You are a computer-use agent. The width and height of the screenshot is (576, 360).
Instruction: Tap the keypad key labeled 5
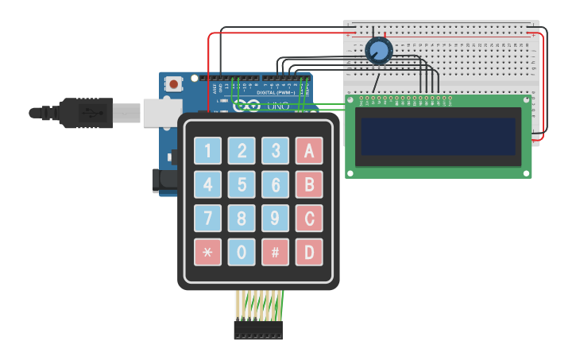click(242, 184)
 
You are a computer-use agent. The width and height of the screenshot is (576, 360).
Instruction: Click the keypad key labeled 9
click(276, 218)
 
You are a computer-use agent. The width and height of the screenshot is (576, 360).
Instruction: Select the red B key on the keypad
click(309, 184)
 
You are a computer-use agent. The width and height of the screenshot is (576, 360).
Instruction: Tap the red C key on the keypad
click(309, 218)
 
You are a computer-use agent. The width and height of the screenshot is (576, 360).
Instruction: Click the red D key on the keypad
click(309, 252)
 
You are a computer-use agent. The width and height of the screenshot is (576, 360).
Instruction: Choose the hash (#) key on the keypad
click(276, 252)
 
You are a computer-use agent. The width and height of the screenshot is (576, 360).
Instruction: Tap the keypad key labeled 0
click(242, 252)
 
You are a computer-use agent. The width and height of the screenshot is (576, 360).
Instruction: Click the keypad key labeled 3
click(276, 150)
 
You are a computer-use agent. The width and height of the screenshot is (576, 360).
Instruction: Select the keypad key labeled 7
click(208, 218)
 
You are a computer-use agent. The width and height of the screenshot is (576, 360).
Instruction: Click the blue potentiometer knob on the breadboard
click(379, 52)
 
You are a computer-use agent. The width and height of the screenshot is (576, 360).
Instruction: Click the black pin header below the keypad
click(258, 330)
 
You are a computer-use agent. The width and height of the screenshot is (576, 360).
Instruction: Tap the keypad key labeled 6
click(276, 184)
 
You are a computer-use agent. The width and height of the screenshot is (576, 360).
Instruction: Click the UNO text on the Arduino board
click(277, 106)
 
